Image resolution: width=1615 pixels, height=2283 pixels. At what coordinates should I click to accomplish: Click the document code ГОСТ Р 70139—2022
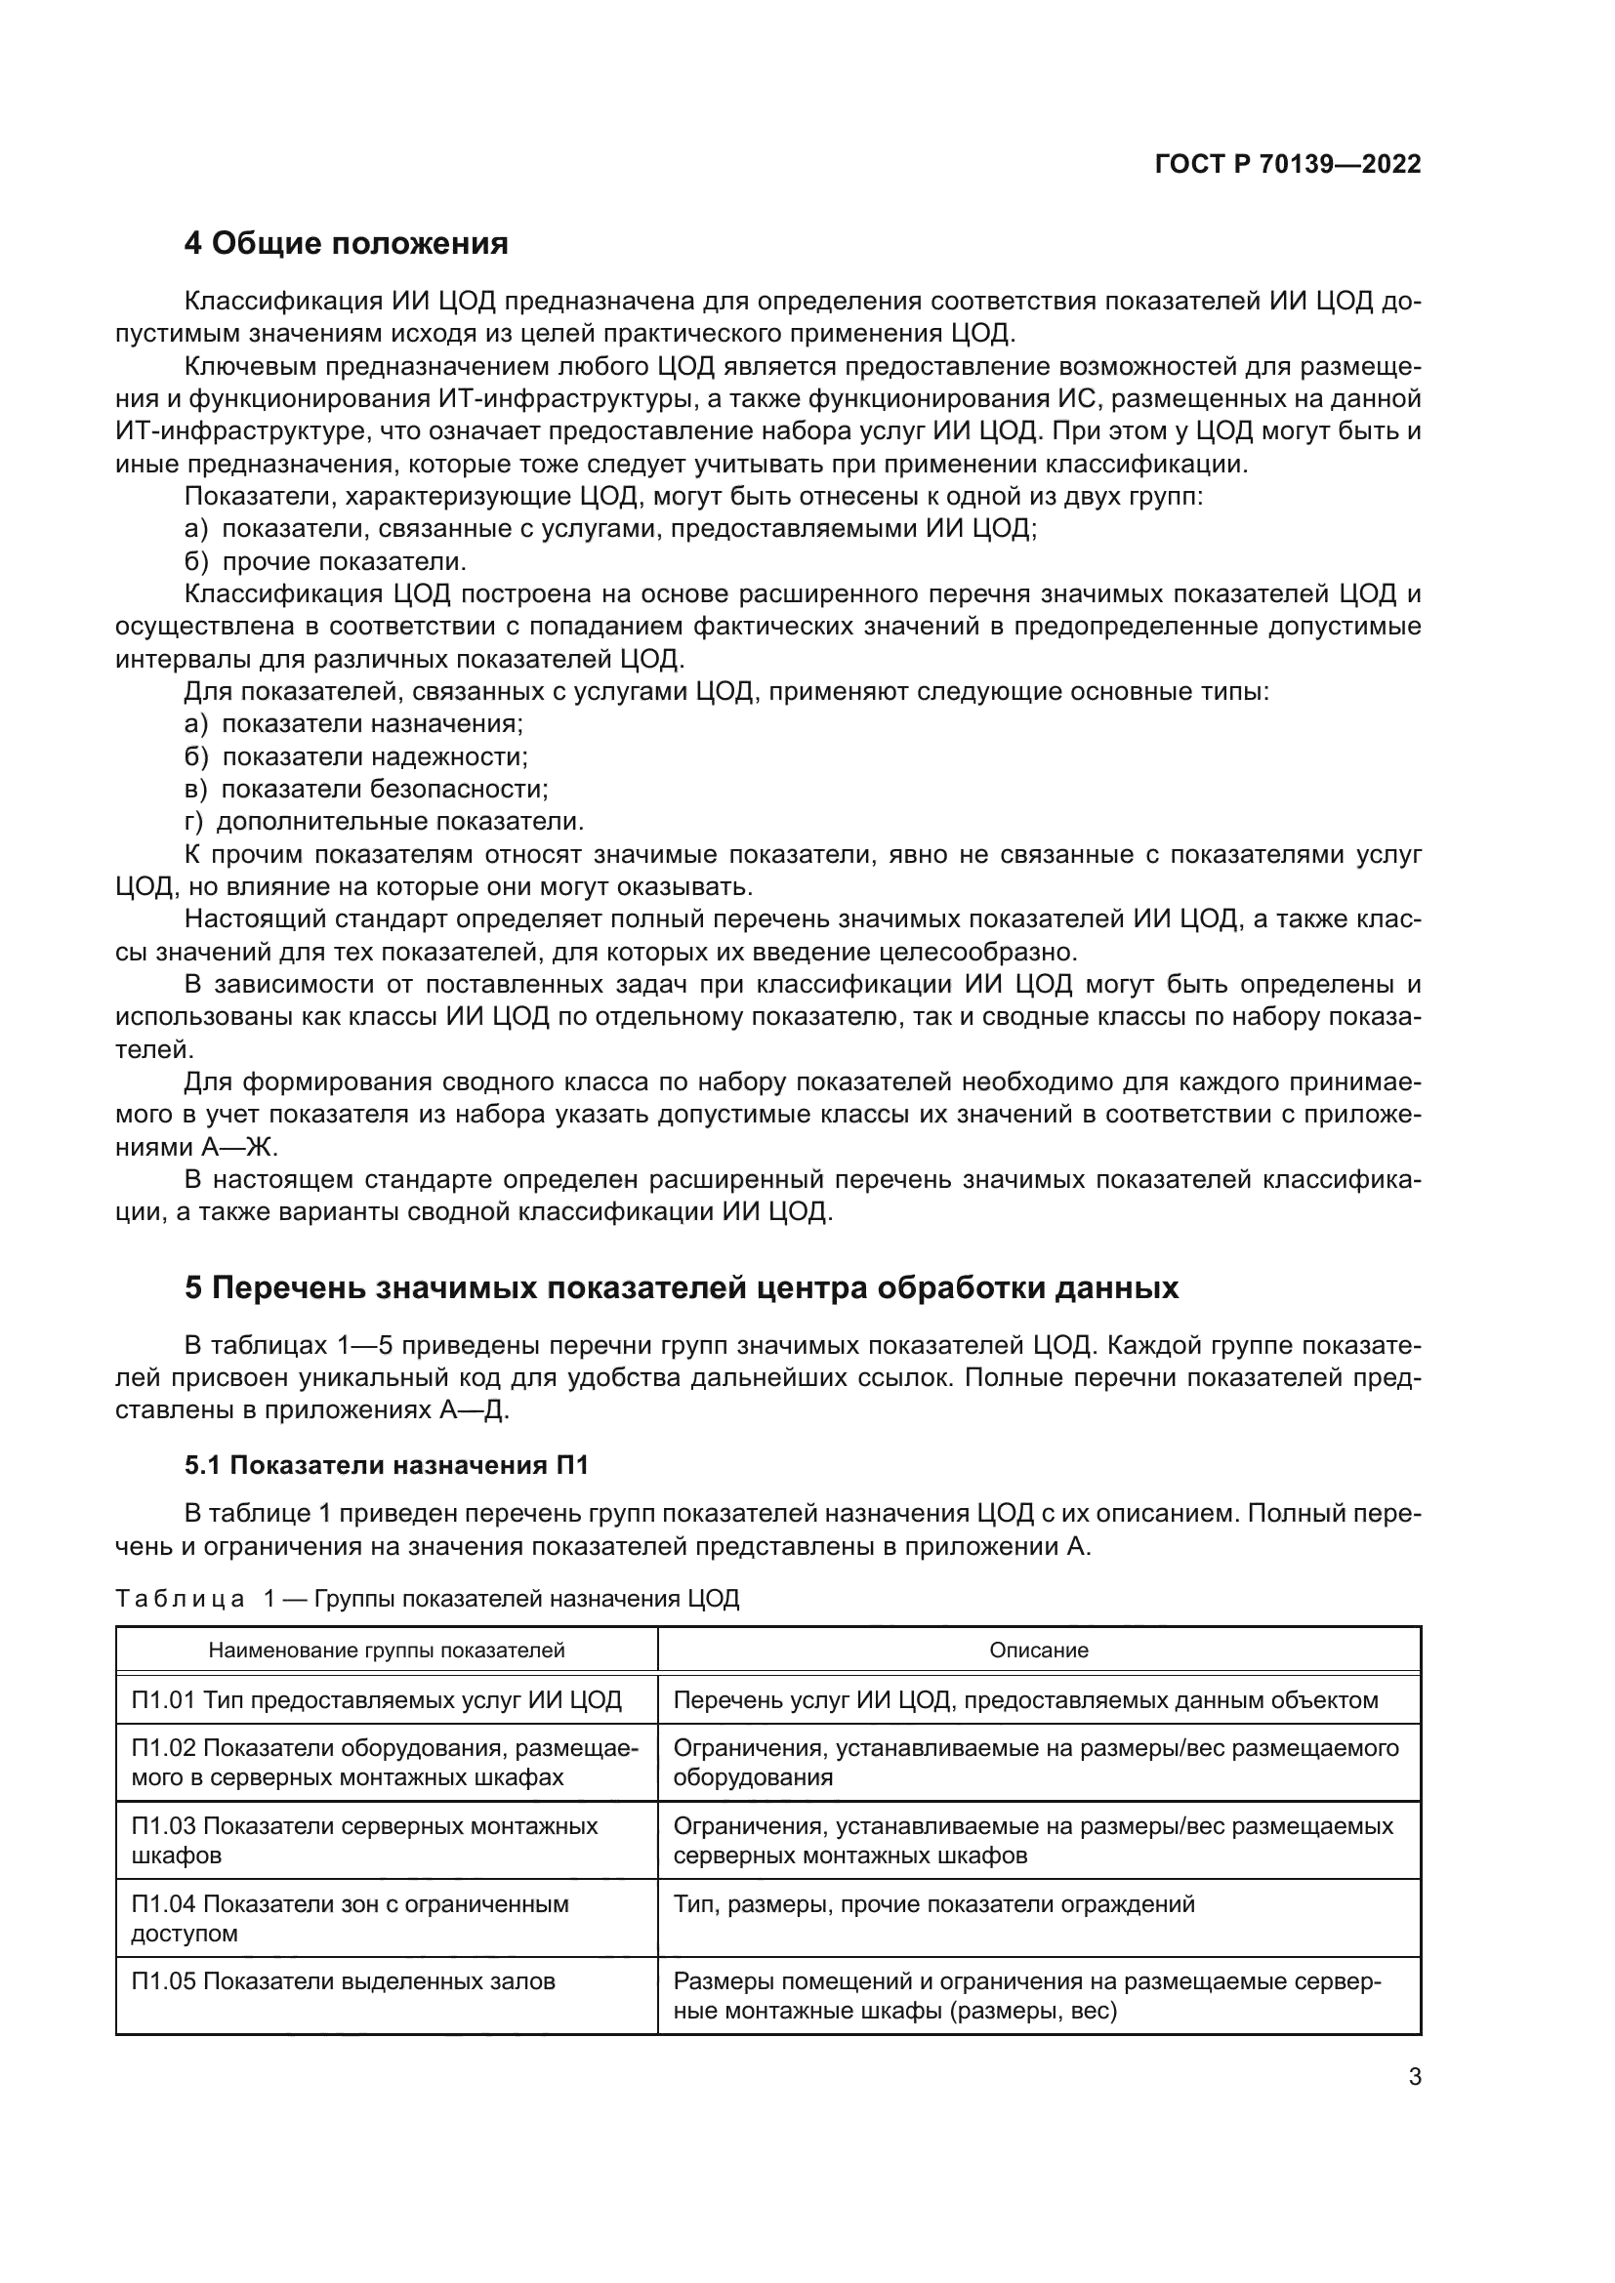pyautogui.click(x=1287, y=164)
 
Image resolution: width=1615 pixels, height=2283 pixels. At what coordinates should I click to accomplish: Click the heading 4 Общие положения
pyautogui.click(x=346, y=244)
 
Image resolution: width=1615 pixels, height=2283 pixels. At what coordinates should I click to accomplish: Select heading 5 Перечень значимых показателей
pyautogui.click(x=682, y=1287)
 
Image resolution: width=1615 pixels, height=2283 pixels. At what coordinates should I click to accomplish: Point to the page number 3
pyautogui.click(x=1414, y=2077)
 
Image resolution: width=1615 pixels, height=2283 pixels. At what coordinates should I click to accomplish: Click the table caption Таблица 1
pyautogui.click(x=427, y=1599)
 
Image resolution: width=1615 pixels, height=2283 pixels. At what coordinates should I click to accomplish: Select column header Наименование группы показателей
pyautogui.click(x=386, y=1651)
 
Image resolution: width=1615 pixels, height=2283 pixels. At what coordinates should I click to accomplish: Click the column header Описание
pyautogui.click(x=1038, y=1651)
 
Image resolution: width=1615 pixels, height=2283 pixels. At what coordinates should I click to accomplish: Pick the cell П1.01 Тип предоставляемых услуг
pyautogui.click(x=376, y=1700)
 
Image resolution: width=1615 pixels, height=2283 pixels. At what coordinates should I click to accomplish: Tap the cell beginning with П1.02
pyautogui.click(x=384, y=1763)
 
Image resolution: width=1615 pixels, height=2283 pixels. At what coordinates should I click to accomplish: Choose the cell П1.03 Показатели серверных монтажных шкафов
pyautogui.click(x=364, y=1841)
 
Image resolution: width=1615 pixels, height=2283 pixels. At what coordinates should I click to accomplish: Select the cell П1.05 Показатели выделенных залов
pyautogui.click(x=343, y=1981)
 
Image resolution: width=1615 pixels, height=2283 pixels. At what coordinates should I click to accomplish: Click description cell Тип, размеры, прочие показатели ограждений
pyautogui.click(x=933, y=1905)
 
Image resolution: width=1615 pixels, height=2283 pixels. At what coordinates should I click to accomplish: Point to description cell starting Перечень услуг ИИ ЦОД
pyautogui.click(x=1025, y=1700)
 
